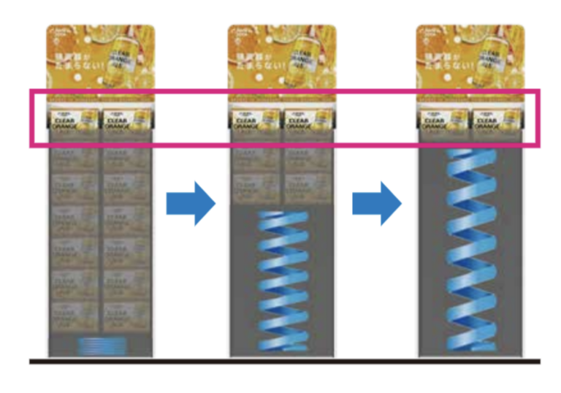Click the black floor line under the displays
pos(285,361)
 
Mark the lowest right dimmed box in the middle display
pos(308,188)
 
